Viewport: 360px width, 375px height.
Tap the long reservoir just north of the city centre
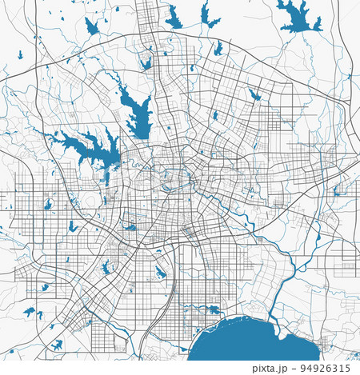click(137, 112)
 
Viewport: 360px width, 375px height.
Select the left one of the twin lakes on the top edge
click(174, 17)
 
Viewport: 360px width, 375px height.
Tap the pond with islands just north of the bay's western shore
click(213, 309)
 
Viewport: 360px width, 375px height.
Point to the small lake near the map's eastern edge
click(337, 189)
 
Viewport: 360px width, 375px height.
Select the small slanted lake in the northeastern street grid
click(254, 94)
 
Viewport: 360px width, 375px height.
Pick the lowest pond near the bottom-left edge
click(57, 345)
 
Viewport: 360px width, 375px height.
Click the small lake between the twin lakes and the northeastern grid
click(218, 49)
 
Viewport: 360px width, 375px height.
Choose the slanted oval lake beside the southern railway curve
click(160, 272)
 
